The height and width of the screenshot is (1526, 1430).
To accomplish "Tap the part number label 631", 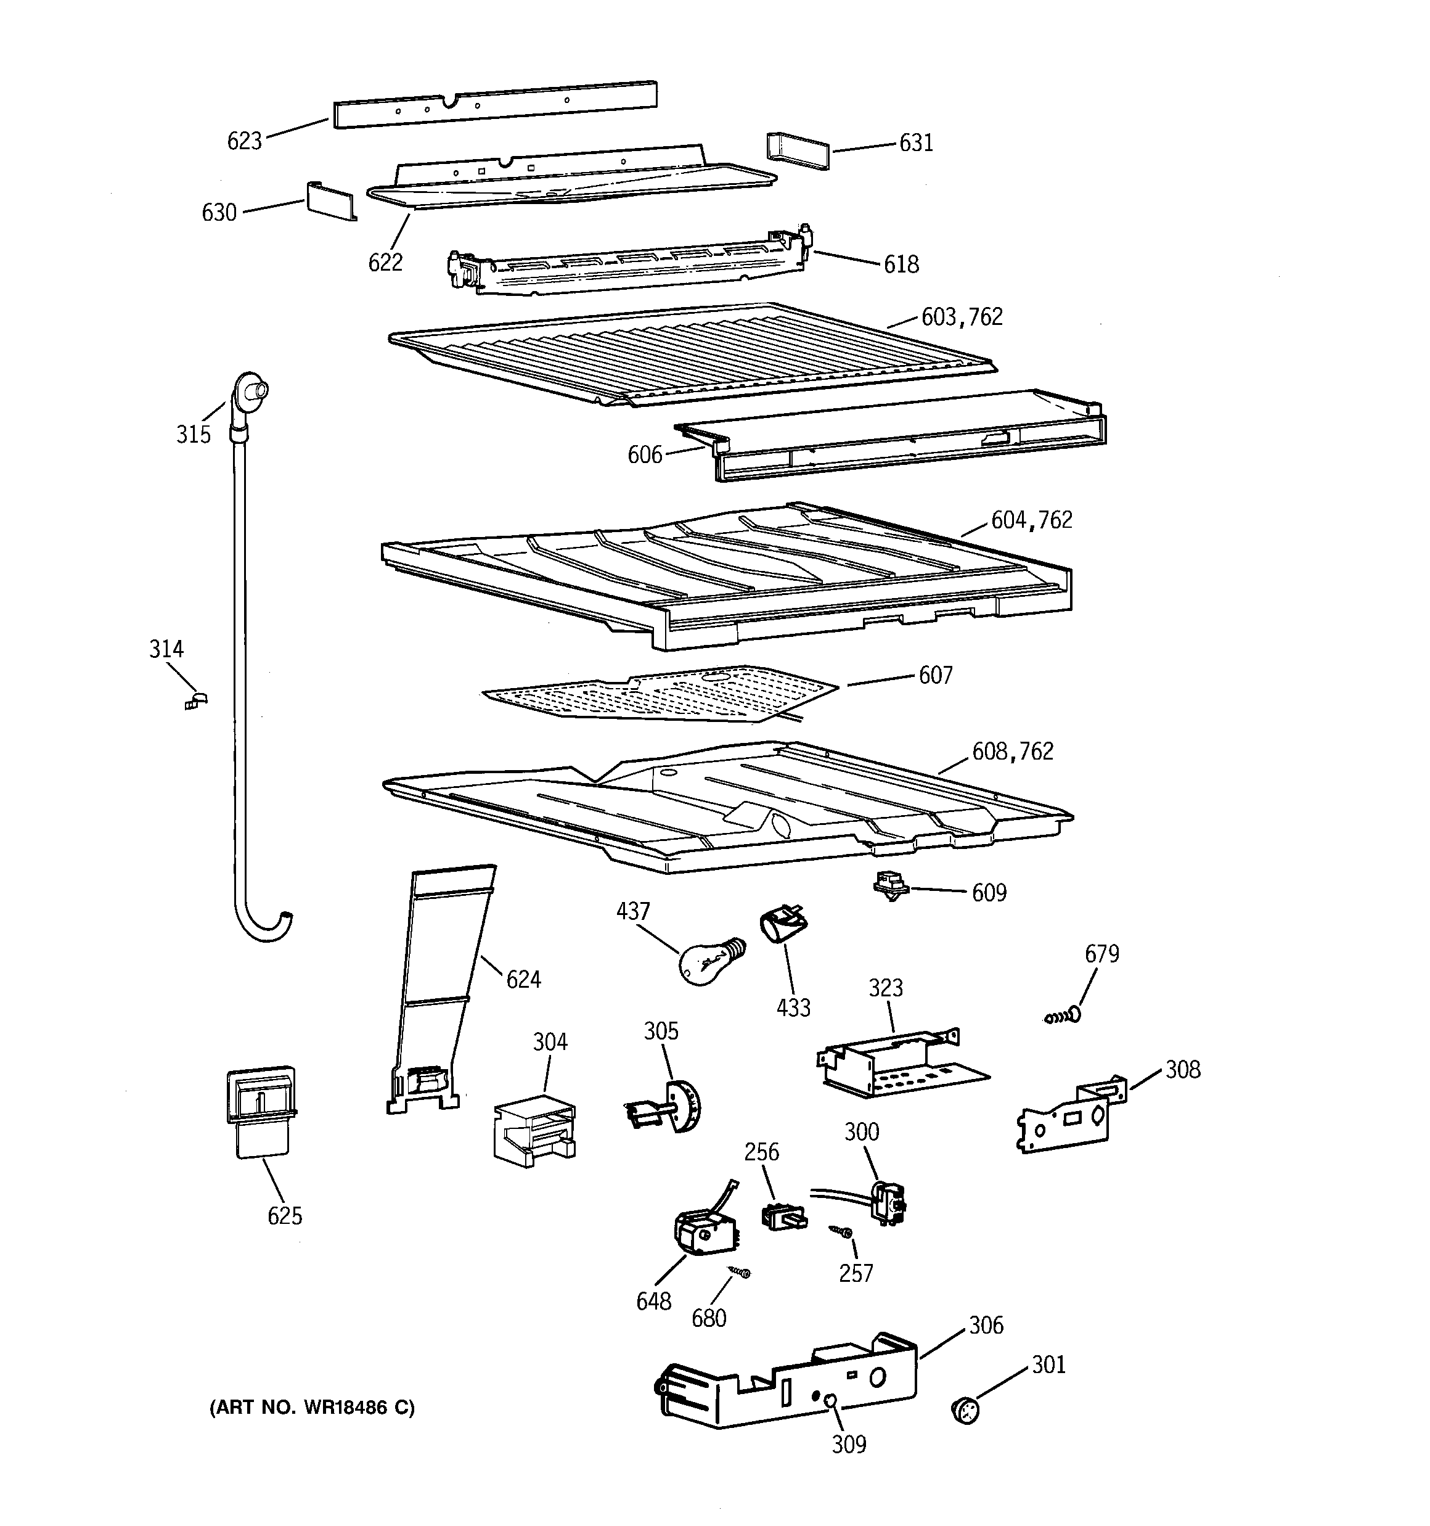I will tap(916, 144).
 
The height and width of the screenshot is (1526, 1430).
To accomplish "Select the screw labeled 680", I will tap(739, 1273).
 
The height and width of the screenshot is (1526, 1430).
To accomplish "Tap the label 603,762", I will tap(961, 317).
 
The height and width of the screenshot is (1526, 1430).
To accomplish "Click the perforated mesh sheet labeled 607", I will tap(660, 692).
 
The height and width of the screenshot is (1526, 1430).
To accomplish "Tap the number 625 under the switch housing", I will tap(285, 1216).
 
